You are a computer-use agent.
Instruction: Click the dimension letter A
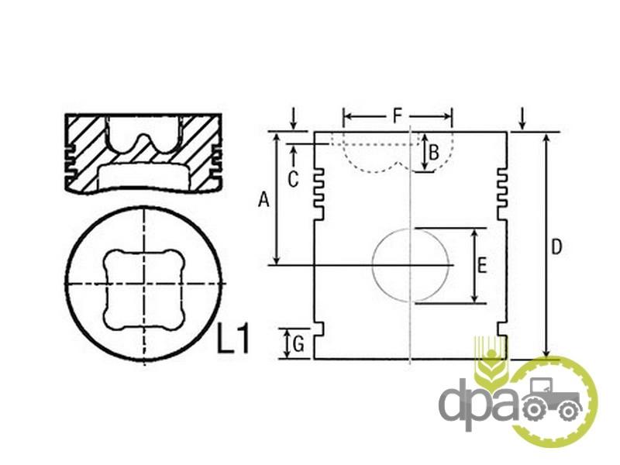coord(263,199)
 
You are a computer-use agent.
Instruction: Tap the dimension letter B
coord(434,153)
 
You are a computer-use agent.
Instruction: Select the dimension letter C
coord(293,180)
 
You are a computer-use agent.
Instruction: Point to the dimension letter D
coord(556,247)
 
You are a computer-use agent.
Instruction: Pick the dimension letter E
coord(481,265)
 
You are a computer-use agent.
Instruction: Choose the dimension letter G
coord(298,344)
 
